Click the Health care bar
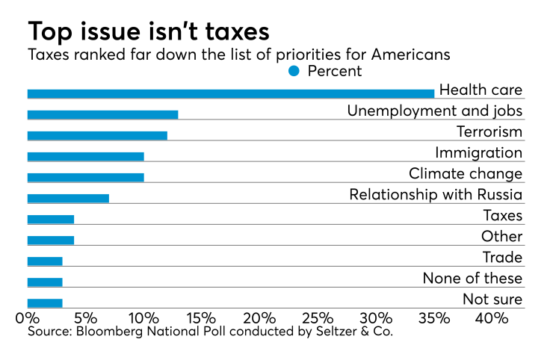(x=230, y=93)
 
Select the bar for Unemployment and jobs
(x=102, y=114)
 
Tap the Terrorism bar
(x=97, y=135)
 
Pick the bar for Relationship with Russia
(x=68, y=198)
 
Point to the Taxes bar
(x=51, y=219)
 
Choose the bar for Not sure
(x=45, y=302)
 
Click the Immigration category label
(x=478, y=152)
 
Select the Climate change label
(x=465, y=173)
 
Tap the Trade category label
(x=502, y=258)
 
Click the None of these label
(x=472, y=279)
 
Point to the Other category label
(x=501, y=237)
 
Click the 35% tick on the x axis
(x=434, y=317)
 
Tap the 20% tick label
(x=259, y=317)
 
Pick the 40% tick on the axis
(x=492, y=317)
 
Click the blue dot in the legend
(x=294, y=71)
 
